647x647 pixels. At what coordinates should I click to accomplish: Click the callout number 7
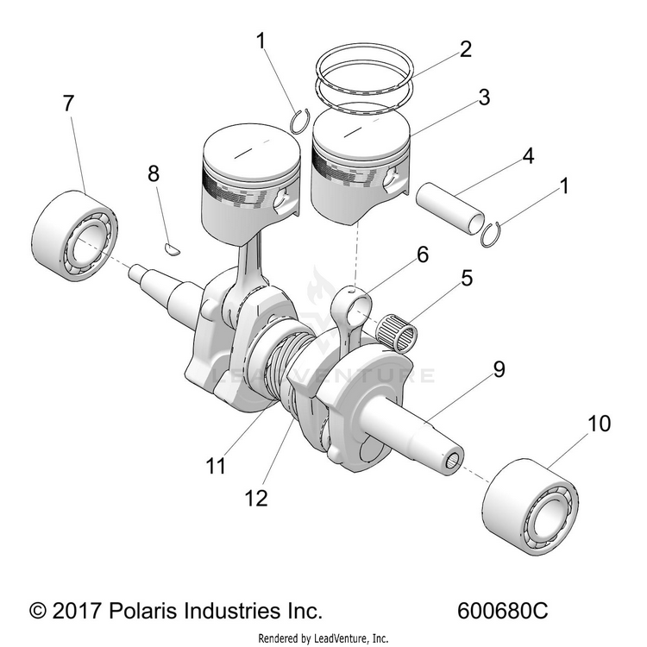click(68, 104)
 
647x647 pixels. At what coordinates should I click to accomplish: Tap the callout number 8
click(154, 173)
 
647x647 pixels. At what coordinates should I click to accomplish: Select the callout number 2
click(466, 49)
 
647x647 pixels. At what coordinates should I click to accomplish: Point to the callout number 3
click(484, 97)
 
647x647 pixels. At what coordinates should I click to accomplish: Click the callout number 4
click(528, 156)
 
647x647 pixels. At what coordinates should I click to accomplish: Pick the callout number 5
click(467, 278)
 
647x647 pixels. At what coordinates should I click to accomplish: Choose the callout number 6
click(423, 254)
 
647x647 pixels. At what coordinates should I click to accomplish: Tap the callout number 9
click(499, 369)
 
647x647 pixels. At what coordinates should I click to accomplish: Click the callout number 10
click(599, 424)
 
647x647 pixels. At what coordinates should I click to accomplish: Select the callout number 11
click(216, 466)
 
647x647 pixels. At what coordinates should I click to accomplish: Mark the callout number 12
click(256, 498)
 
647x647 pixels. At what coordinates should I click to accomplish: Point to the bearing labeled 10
click(531, 506)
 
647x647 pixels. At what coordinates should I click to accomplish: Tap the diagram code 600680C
click(503, 611)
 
